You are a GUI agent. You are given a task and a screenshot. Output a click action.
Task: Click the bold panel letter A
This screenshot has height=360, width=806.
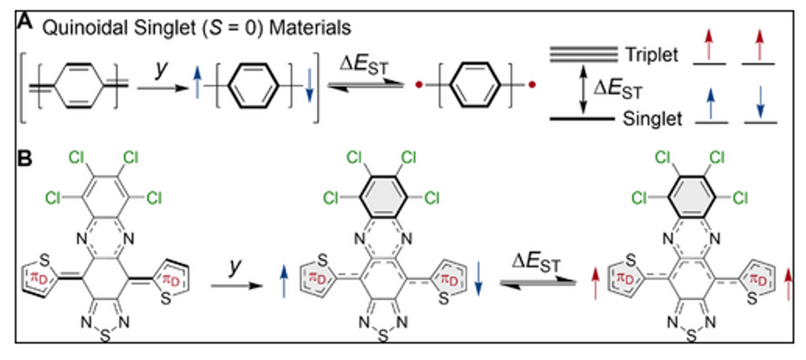point(25,25)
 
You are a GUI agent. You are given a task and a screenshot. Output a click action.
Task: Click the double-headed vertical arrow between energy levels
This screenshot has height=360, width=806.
point(582,87)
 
